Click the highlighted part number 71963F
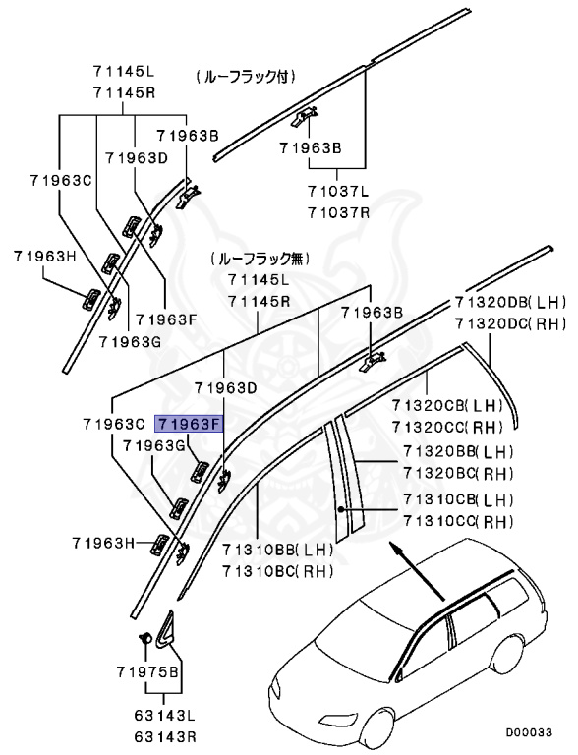(190, 425)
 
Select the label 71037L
(337, 194)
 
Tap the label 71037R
(337, 211)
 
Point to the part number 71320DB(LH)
(512, 303)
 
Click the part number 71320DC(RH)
(512, 322)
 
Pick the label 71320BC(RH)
(459, 472)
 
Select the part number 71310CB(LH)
(459, 500)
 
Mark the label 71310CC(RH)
(459, 521)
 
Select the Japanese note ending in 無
(259, 259)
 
